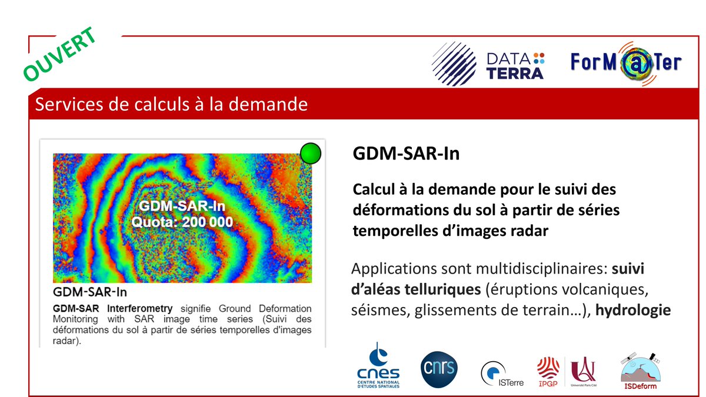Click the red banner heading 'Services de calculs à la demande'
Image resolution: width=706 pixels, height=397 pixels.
[171, 105]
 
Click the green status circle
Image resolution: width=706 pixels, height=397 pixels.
[311, 154]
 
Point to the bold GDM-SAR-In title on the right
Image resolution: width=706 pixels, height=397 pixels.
[406, 154]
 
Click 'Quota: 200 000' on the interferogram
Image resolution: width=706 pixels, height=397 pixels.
[182, 222]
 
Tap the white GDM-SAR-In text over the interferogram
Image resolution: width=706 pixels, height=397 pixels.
[182, 207]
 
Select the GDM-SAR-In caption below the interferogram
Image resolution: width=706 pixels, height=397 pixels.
[90, 292]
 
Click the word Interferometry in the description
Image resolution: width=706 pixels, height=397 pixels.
[144, 308]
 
